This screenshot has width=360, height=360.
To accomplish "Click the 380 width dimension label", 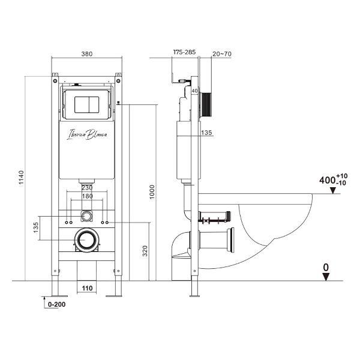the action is pos(87,54).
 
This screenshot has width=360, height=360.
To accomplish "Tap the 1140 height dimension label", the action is pos(21,177).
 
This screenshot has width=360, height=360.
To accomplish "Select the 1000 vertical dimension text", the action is pos(152,192).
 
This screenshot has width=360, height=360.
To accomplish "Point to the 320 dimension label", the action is pos(145,251).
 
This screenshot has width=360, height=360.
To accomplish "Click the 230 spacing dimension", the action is pos(87,188).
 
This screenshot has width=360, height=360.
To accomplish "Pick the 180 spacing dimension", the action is pos(87,196).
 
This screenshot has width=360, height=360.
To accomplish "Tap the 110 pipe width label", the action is pos(87,288).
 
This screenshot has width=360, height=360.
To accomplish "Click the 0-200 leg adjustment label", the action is pos(57,304).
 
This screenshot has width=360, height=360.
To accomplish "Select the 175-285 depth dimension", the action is pos(184,52).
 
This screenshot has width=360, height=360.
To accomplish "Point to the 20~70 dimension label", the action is pos(222,54).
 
